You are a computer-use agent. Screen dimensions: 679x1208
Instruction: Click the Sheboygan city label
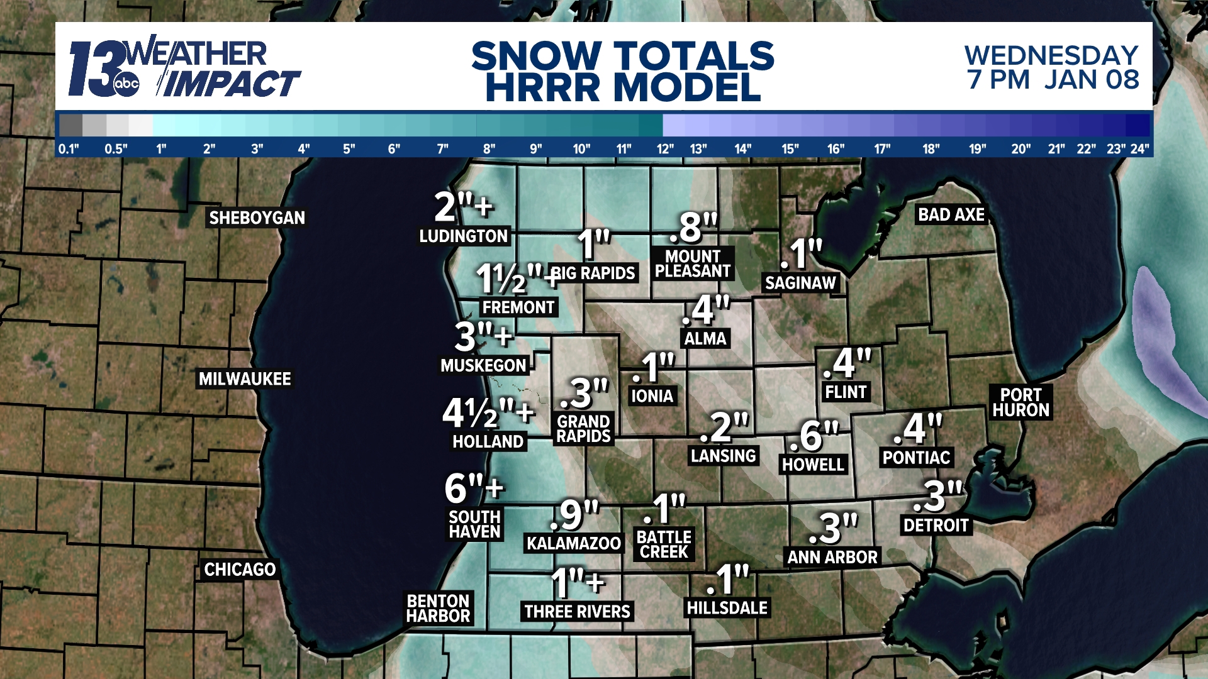tap(257, 218)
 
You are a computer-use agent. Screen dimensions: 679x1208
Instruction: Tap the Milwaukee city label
tap(245, 378)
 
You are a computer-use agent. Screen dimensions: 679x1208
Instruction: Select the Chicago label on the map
tap(240, 569)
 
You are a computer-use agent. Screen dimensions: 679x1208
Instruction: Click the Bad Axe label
tap(951, 214)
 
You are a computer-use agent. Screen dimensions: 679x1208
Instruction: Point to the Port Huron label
tap(1021, 402)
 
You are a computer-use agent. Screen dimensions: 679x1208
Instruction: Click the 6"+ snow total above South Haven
tap(474, 488)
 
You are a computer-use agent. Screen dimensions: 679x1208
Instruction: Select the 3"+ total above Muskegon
tap(483, 336)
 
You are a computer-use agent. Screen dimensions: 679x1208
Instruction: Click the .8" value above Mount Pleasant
tap(693, 227)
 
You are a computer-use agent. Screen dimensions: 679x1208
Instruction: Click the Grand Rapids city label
tap(583, 429)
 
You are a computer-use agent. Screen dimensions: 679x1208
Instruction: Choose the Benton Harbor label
tap(438, 608)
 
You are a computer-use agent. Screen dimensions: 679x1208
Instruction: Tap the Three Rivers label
tap(577, 611)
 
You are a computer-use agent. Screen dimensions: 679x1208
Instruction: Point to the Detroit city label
tap(936, 525)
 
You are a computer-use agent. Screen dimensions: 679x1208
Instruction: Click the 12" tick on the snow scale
tap(665, 149)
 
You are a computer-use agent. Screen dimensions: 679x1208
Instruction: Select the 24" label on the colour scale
tap(1139, 149)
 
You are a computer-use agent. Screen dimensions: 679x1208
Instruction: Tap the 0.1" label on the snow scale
tap(69, 149)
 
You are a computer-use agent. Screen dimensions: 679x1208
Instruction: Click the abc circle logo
tap(126, 84)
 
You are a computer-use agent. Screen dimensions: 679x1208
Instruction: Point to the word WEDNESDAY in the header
tap(1051, 55)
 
